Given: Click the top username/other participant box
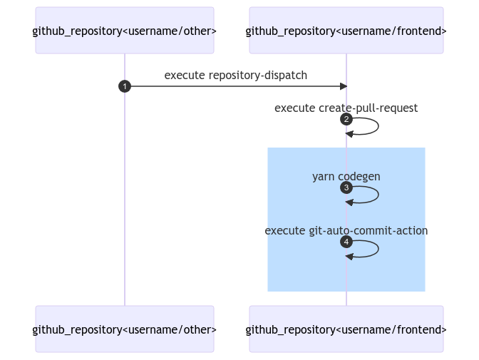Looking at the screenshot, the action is click(125, 30).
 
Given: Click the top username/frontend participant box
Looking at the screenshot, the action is click(346, 30).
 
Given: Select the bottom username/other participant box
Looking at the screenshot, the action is click(125, 329).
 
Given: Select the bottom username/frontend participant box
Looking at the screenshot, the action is click(346, 329).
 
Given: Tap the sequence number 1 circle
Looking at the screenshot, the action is click(125, 86).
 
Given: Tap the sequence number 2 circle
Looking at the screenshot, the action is click(346, 119).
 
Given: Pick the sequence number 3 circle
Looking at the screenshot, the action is click(346, 187).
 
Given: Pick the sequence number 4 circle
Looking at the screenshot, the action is click(346, 242).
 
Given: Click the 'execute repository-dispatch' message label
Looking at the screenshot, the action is click(235, 76).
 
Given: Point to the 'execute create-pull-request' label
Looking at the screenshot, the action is click(346, 108).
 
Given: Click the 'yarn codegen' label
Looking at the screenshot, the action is click(346, 177).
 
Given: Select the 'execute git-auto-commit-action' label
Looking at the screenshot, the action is click(346, 231).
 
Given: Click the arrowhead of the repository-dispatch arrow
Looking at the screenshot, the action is click(344, 86).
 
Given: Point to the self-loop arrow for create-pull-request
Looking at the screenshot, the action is click(378, 126).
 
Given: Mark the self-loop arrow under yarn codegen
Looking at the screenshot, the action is click(378, 195).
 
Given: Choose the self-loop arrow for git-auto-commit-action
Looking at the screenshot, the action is click(378, 249).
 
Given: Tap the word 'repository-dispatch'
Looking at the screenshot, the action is click(258, 76).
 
